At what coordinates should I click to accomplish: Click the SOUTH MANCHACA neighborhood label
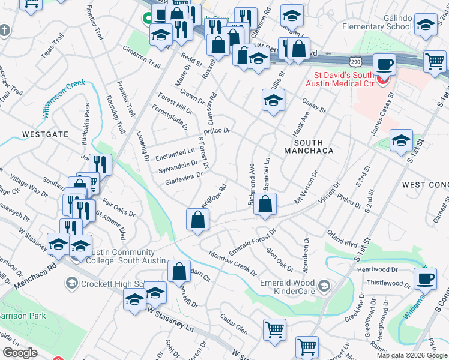(313, 146)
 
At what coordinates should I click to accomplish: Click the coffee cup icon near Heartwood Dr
(426, 278)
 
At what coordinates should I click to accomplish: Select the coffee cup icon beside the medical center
(384, 64)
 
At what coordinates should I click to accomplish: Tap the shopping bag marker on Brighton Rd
(197, 220)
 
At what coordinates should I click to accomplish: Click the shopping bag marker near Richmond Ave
(265, 204)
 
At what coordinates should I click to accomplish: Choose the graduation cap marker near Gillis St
(273, 100)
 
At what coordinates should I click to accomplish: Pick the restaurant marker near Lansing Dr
(100, 164)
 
